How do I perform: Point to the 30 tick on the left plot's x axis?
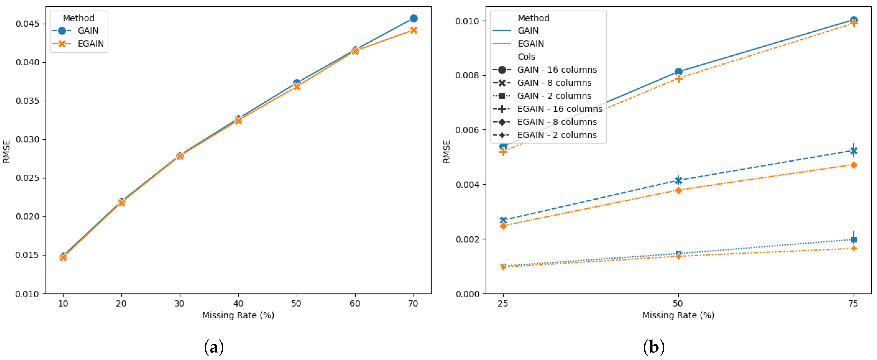[x=180, y=303]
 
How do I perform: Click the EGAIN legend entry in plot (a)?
[x=90, y=44]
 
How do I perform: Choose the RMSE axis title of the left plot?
[x=7, y=151]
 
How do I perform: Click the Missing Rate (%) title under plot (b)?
[x=678, y=315]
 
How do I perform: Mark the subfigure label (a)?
[x=214, y=347]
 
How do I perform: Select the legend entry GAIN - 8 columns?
[x=554, y=83]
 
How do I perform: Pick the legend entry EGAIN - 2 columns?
[x=557, y=135]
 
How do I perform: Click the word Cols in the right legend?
[x=526, y=57]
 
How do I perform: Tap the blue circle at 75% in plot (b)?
[x=854, y=20]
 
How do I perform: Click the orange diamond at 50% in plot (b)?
[x=678, y=190]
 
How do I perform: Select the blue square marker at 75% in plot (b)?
[x=854, y=240]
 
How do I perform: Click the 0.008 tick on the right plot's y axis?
[x=466, y=75]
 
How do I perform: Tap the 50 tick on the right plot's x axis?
[x=678, y=303]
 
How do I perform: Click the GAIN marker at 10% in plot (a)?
[x=63, y=256]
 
